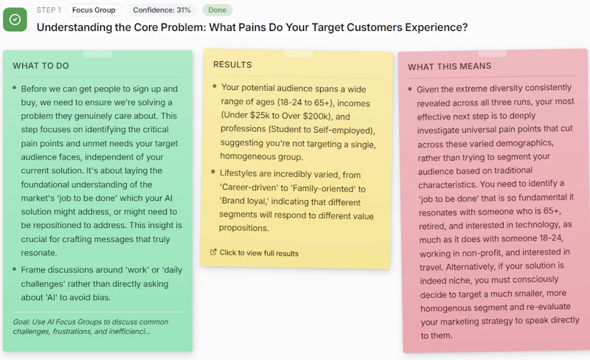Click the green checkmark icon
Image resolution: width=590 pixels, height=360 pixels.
(15, 20)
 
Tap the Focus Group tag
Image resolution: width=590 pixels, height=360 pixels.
(94, 10)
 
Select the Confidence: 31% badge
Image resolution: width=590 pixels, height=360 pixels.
(162, 10)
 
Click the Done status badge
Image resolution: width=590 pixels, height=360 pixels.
(218, 10)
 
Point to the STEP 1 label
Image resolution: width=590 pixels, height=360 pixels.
(49, 10)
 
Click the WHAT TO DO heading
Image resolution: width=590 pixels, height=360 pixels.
(41, 66)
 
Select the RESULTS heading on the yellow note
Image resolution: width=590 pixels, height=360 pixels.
(232, 65)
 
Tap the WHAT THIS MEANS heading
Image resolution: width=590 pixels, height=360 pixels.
(449, 66)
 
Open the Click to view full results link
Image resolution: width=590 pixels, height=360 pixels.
(259, 253)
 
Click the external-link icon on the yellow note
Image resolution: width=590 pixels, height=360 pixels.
(213, 252)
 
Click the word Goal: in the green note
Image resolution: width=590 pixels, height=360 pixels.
(21, 322)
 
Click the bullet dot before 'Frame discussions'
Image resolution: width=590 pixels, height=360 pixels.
(14, 269)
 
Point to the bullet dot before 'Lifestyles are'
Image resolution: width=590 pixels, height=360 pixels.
(213, 172)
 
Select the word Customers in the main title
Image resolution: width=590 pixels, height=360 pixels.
(375, 27)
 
